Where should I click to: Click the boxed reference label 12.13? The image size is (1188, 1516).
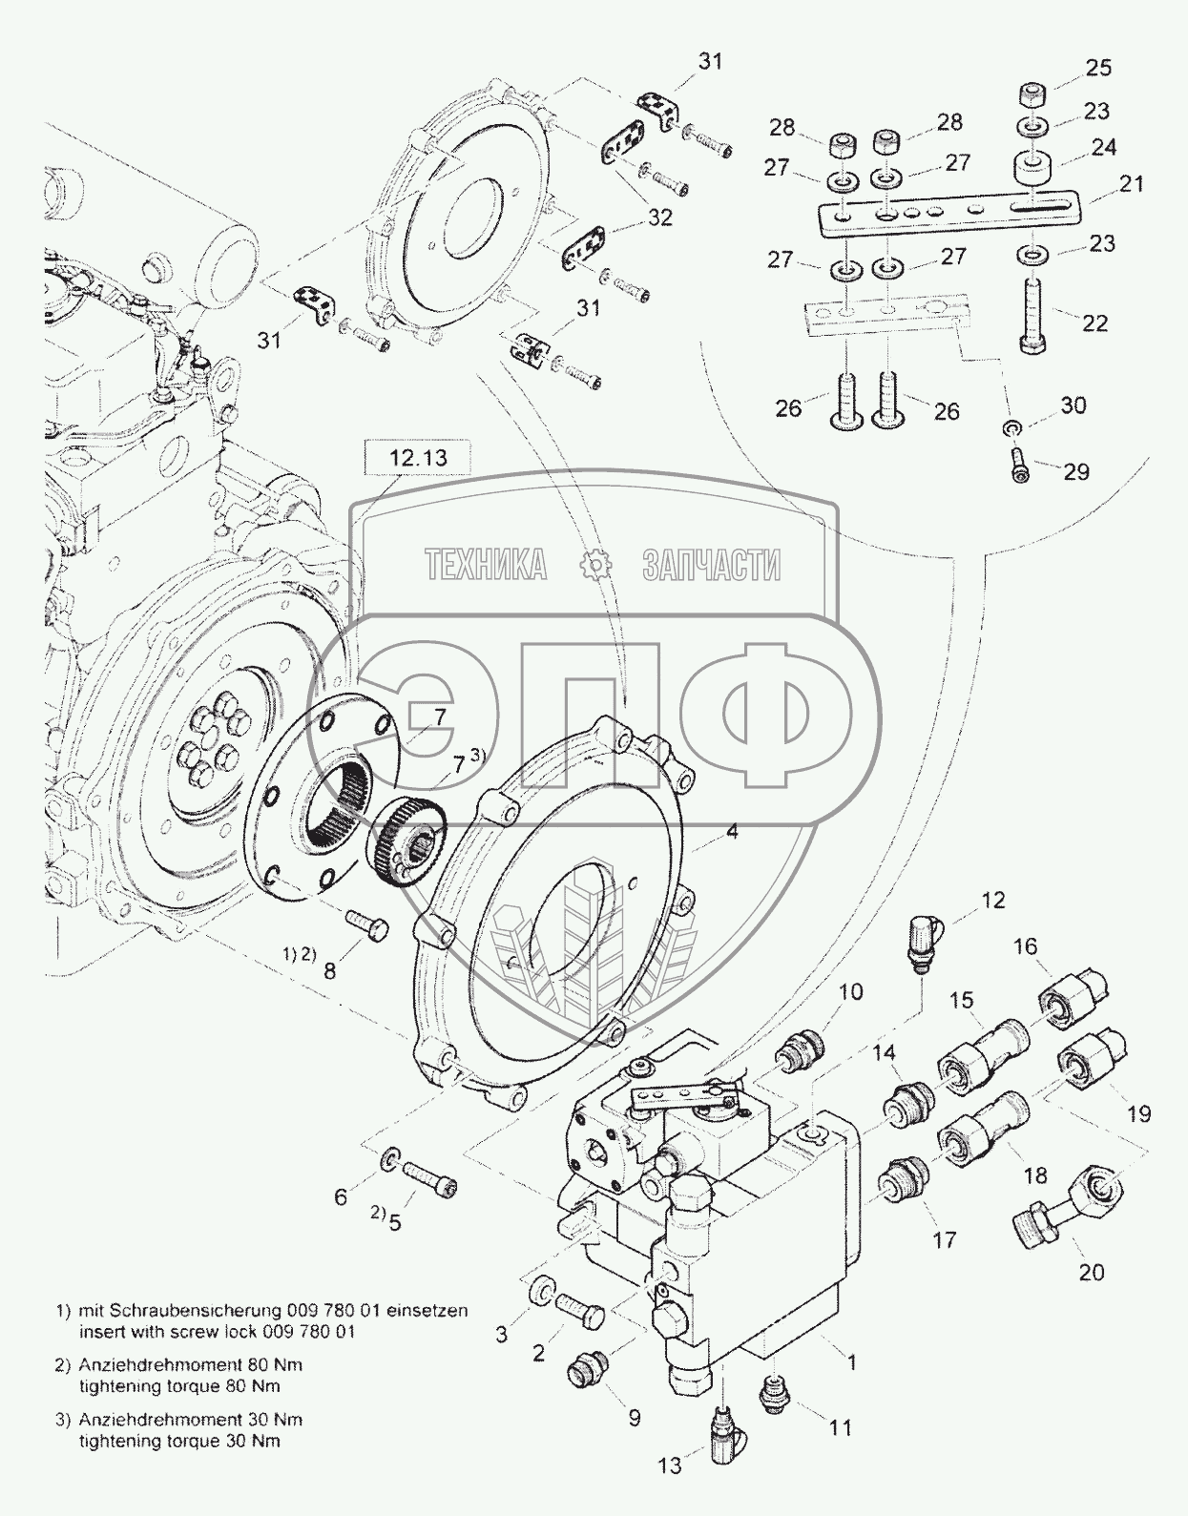coord(417,458)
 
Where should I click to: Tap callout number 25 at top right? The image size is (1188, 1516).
coord(1098,68)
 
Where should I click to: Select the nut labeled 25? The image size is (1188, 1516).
coord(1030,94)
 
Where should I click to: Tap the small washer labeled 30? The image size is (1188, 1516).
coord(1011,424)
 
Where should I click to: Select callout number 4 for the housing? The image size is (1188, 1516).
coord(731,831)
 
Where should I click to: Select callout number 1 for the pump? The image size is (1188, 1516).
coord(852,1363)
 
